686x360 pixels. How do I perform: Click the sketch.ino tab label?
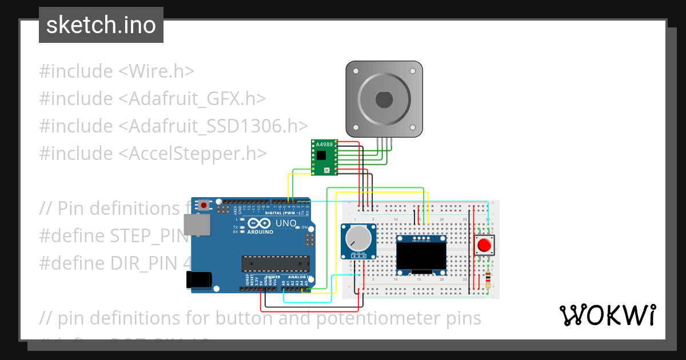click(x=101, y=25)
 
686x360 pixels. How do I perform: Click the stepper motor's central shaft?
click(x=384, y=99)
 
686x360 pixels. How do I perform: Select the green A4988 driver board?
click(x=324, y=157)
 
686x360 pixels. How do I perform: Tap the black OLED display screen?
click(x=421, y=255)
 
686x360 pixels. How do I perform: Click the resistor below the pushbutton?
click(x=487, y=279)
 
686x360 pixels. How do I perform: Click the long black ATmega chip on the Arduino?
click(x=276, y=263)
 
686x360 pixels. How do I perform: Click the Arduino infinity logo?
click(x=260, y=223)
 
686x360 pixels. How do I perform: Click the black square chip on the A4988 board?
click(x=321, y=155)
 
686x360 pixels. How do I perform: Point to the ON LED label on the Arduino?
click(x=305, y=227)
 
